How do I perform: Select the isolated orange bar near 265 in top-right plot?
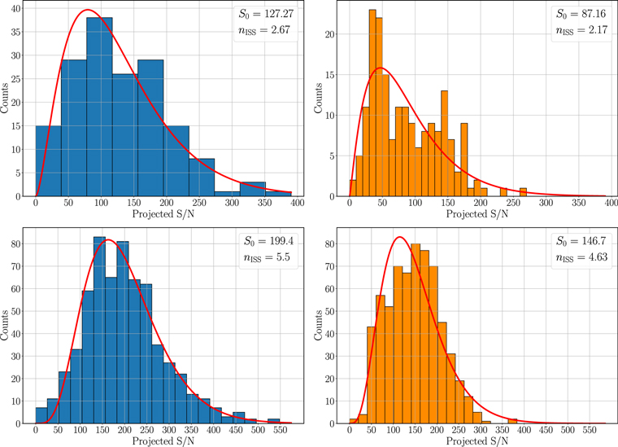coord(522,192)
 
